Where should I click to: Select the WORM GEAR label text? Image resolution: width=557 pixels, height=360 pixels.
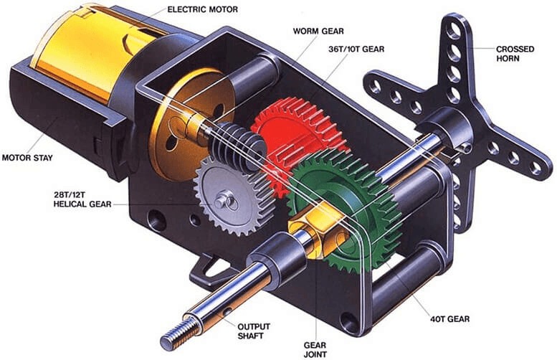318,32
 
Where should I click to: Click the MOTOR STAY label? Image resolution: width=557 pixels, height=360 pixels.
29,157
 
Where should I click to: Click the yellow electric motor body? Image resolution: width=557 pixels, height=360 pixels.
79,57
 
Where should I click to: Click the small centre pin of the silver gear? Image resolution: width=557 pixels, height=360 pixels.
229,201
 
